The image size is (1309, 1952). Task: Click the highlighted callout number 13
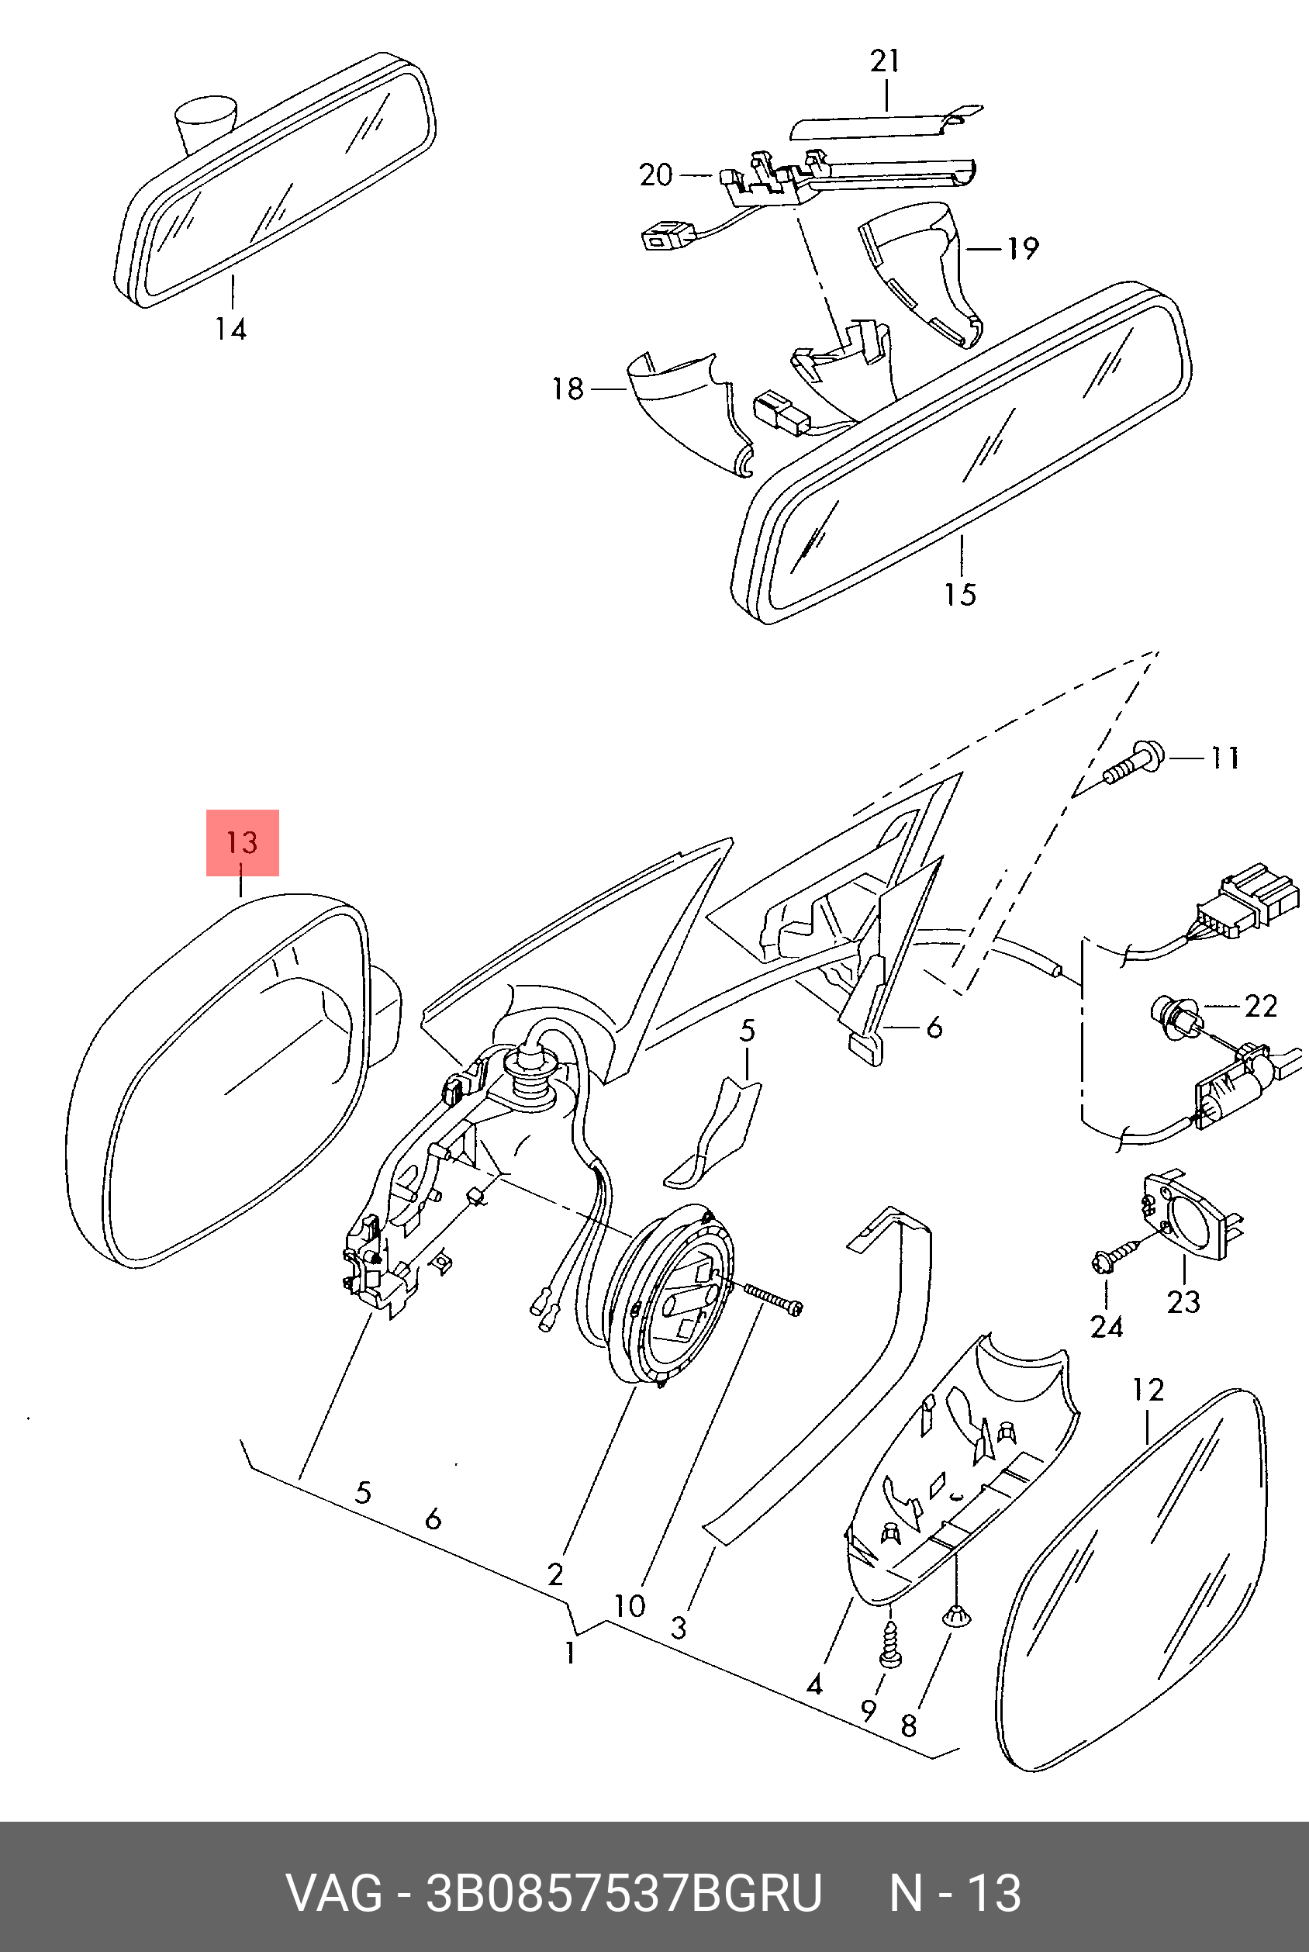(x=242, y=841)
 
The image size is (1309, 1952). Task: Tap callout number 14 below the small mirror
(x=230, y=329)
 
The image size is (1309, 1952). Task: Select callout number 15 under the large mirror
(x=960, y=595)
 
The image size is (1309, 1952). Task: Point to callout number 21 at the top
(x=885, y=62)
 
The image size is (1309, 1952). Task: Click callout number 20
(x=655, y=175)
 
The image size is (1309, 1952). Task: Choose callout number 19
(x=1022, y=248)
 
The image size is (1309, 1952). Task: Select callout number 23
(x=1183, y=1301)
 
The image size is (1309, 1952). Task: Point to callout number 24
(x=1106, y=1326)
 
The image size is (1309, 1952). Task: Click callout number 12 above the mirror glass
(x=1148, y=1389)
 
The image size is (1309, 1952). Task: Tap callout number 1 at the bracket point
(x=570, y=1653)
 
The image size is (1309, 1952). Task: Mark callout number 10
(x=630, y=1605)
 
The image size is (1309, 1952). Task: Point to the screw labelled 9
(x=891, y=1649)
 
